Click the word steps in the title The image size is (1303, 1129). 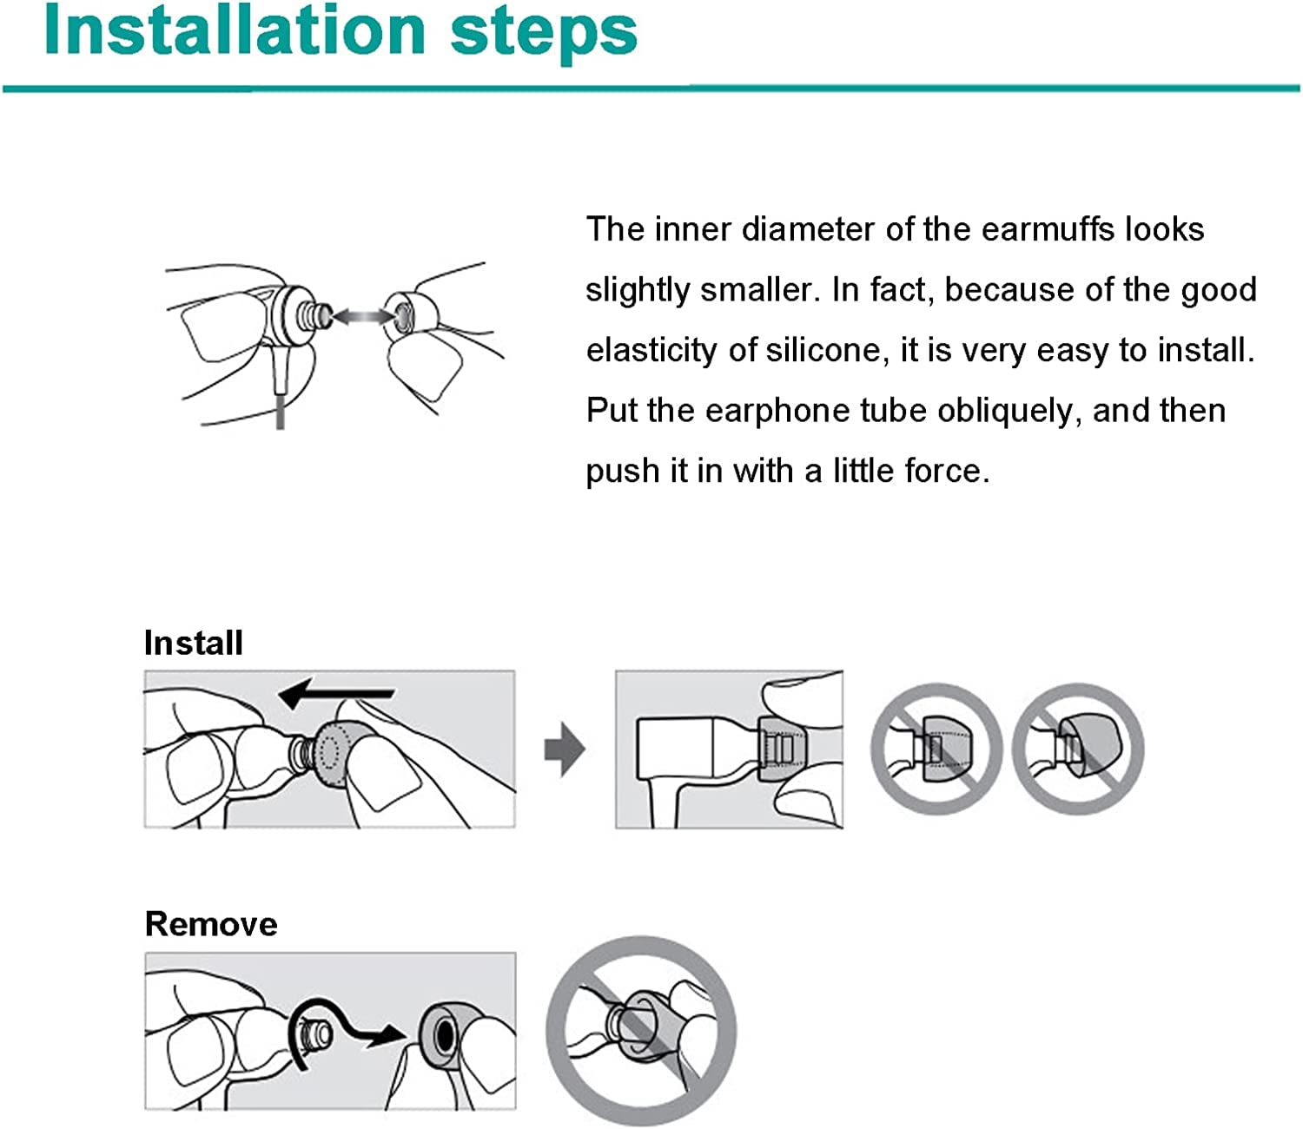click(x=544, y=36)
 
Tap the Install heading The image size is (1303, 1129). click(x=194, y=643)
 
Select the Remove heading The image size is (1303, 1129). click(x=211, y=925)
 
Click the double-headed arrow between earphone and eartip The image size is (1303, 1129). click(x=364, y=316)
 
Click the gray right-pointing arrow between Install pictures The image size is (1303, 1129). click(x=565, y=749)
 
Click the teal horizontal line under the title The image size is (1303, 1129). click(x=651, y=89)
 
